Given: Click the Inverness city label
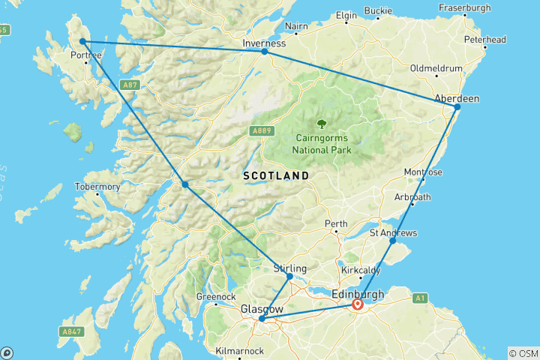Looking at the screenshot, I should click(x=264, y=43).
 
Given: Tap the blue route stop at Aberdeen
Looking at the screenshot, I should click(x=457, y=107).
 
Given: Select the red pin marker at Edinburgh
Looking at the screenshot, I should click(x=358, y=304).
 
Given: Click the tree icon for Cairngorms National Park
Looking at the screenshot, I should click(x=322, y=124).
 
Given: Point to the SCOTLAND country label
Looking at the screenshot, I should click(x=276, y=175).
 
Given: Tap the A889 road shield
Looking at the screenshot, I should click(x=260, y=131).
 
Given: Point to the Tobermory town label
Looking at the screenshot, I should click(x=97, y=186).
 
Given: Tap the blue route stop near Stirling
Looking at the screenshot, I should click(x=289, y=277).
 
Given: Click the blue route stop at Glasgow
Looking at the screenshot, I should click(x=261, y=319).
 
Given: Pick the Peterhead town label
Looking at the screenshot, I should click(x=484, y=39).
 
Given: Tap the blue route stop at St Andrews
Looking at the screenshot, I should click(x=393, y=241).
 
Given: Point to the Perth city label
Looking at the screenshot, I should click(x=335, y=224).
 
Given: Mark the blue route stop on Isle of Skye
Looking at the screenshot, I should click(x=82, y=42).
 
